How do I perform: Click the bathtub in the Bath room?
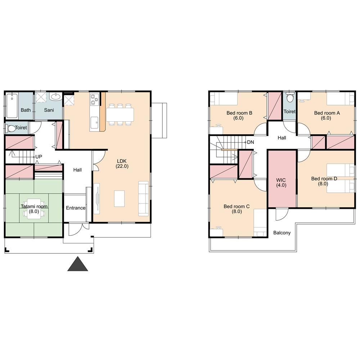12,105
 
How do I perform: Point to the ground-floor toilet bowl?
11,129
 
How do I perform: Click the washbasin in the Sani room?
56,96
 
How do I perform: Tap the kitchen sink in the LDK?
94,123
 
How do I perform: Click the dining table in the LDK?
120,114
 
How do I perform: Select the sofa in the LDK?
144,199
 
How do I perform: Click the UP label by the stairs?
39,157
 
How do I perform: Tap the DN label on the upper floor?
251,142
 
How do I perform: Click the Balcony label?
282,233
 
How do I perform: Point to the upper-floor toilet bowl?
290,97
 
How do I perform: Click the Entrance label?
76,208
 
